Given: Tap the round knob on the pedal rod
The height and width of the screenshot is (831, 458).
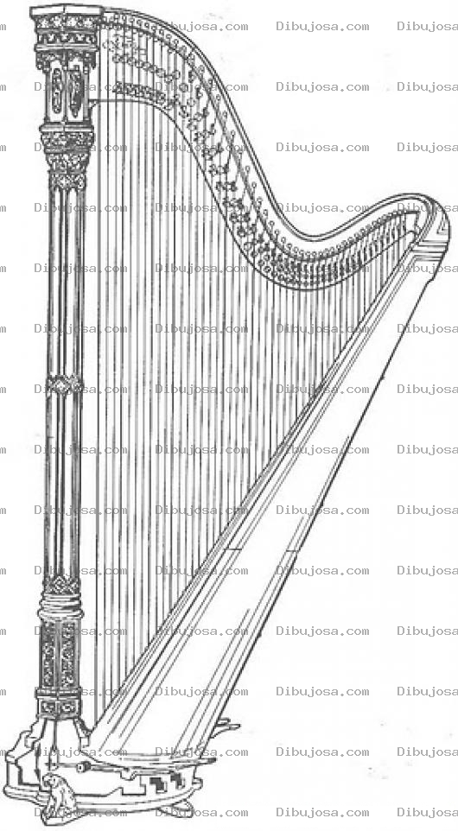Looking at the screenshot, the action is pos(81,767).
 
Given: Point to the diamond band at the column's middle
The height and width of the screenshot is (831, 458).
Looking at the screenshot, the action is pos(64,384).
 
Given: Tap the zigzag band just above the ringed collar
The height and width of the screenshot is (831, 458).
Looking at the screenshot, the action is pos(61,585).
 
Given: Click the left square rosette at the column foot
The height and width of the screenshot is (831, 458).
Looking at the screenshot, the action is pos(48,707).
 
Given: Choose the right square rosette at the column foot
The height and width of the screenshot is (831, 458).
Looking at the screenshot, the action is pos(69,707).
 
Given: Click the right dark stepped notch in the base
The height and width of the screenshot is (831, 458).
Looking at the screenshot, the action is pos(176,778).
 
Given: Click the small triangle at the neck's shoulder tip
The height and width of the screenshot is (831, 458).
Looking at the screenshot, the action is pos(439,229).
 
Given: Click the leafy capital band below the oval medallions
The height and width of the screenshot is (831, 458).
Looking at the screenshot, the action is pos(67,143).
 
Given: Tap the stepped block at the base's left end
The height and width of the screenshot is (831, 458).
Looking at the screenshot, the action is pos(18,762).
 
